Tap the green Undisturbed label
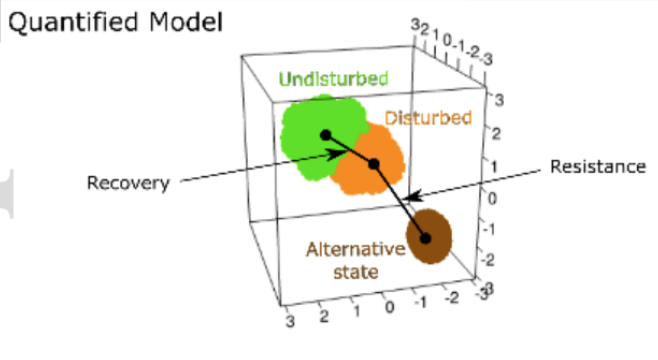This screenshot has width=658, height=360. click(334, 78)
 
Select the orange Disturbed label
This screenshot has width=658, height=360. click(427, 118)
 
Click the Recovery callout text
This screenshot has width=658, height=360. click(128, 183)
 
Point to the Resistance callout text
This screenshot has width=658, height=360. click(598, 167)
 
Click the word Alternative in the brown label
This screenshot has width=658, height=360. click(349, 249)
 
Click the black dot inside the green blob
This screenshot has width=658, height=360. click(324, 134)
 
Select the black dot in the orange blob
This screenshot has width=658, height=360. click(373, 165)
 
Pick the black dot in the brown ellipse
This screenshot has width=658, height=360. click(426, 238)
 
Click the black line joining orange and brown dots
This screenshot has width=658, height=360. click(399, 201)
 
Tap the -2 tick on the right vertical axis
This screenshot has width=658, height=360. click(487, 260)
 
